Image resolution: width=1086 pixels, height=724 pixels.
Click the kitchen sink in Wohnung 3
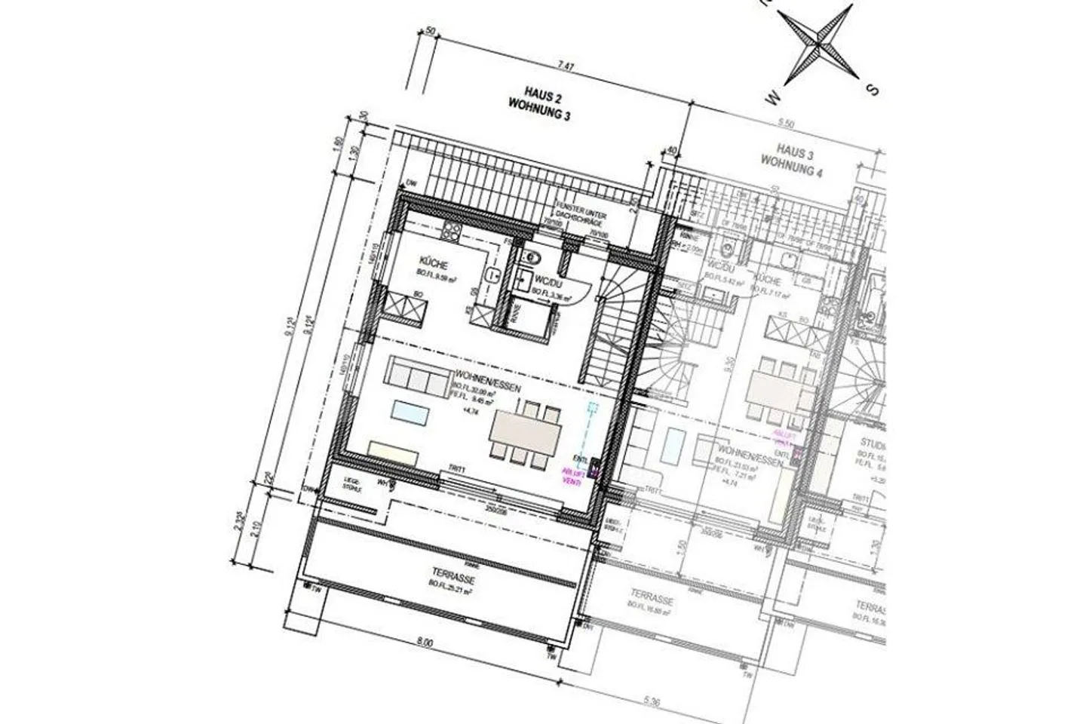click(x=493, y=275)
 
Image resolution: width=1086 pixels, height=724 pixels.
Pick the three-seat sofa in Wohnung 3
click(x=417, y=376)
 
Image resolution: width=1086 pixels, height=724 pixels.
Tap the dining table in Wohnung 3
click(x=526, y=432)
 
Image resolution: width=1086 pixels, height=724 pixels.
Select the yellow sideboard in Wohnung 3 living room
click(x=394, y=451)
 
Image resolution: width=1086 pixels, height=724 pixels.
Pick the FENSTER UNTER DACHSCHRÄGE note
click(x=581, y=209)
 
